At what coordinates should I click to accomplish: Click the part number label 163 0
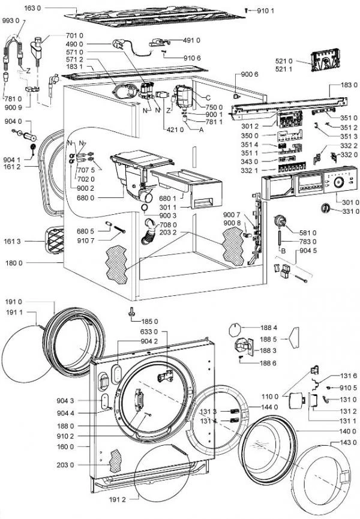(33, 8)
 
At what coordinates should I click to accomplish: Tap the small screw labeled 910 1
(246, 11)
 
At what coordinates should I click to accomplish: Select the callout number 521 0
(284, 61)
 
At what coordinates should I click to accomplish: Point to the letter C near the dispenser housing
(208, 98)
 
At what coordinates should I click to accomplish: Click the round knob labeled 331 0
(326, 208)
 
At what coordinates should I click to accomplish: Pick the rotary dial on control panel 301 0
(338, 182)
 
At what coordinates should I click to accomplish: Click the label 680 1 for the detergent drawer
(168, 199)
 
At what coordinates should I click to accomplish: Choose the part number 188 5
(268, 339)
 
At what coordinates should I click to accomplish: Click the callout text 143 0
(349, 443)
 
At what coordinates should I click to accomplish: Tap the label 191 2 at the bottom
(117, 499)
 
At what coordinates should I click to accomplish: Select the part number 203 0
(65, 465)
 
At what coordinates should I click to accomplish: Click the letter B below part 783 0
(283, 251)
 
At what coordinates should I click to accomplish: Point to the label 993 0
(11, 20)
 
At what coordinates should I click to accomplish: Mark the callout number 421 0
(175, 130)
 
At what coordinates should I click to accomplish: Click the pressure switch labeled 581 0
(280, 221)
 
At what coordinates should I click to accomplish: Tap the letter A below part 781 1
(201, 130)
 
